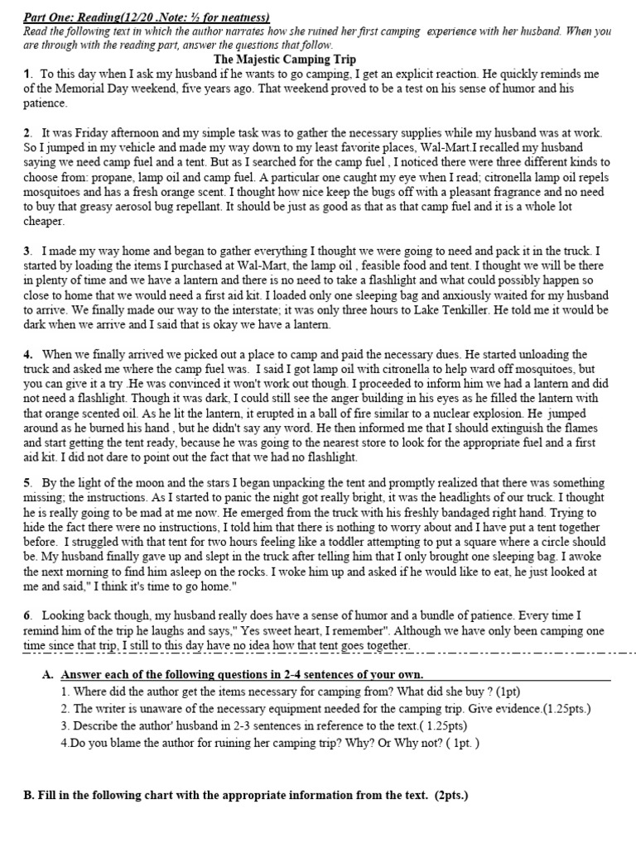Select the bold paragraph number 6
[27, 615]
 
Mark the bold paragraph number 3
[27, 251]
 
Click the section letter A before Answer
[47, 675]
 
